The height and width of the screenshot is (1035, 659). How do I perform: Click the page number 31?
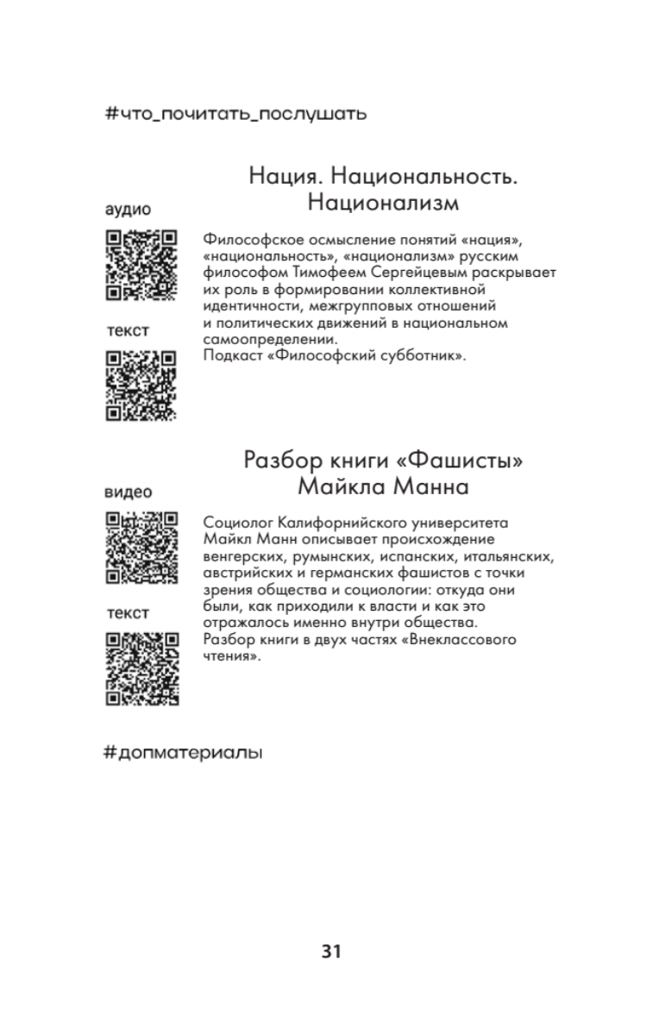tap(331, 951)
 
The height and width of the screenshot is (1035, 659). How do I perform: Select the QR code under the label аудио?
tap(141, 265)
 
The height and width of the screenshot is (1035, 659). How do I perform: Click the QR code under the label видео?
tap(141, 548)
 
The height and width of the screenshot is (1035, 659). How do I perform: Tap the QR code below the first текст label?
tap(141, 386)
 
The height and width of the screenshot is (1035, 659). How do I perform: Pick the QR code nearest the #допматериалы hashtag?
tap(141, 668)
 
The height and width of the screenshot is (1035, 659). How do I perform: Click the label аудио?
tap(129, 210)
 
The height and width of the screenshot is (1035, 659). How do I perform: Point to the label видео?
tap(129, 492)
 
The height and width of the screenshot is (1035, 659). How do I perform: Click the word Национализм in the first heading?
tap(383, 204)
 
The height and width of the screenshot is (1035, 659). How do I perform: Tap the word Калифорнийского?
tap(337, 522)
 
